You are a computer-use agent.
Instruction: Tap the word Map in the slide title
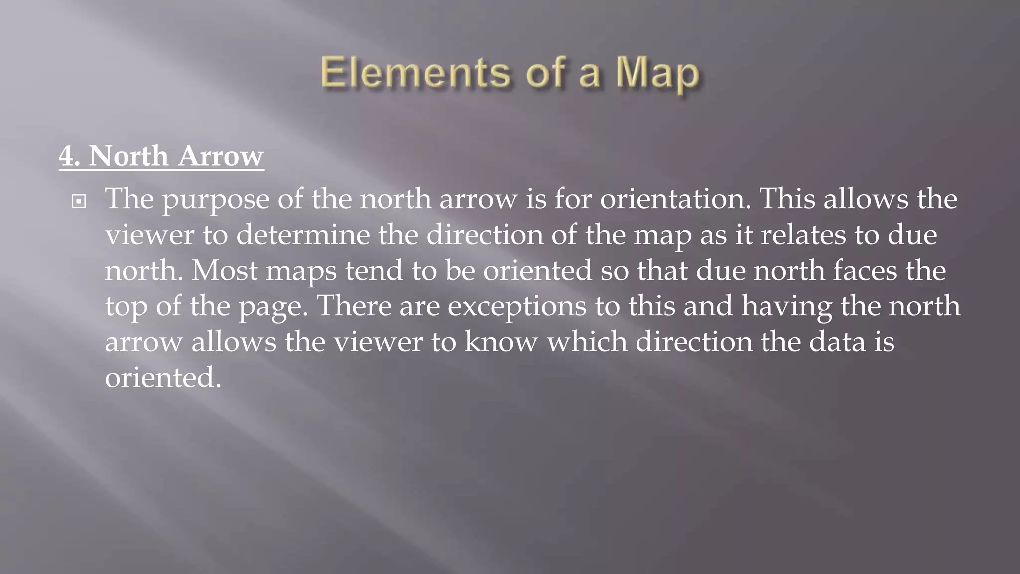(657, 75)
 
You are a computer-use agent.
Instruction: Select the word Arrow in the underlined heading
(220, 156)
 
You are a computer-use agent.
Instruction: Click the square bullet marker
(79, 202)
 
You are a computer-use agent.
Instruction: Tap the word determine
(302, 235)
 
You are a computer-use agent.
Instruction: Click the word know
(501, 342)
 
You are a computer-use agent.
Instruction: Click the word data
(837, 342)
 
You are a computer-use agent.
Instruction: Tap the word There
(354, 306)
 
